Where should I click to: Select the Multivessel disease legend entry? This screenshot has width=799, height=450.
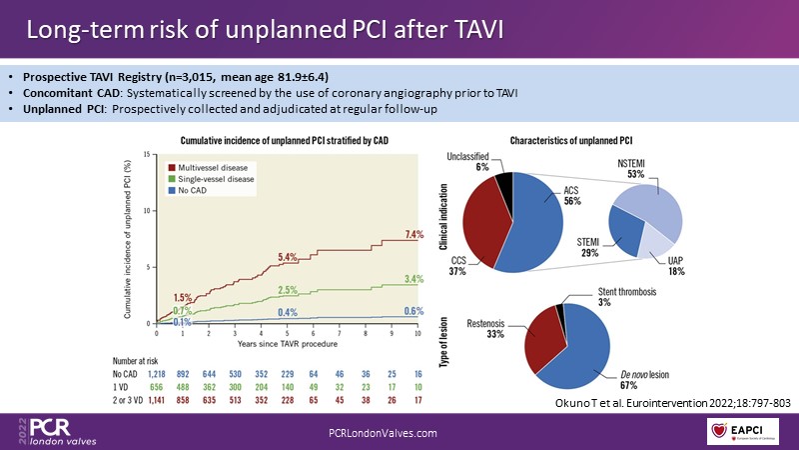213,167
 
